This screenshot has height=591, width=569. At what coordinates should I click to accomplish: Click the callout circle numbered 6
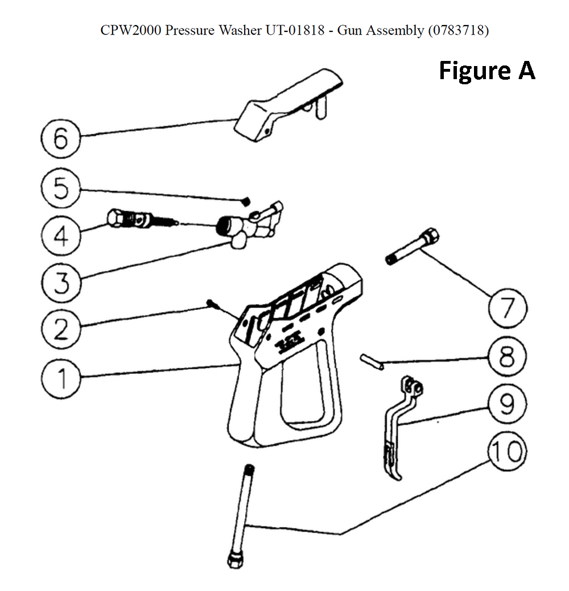pyautogui.click(x=61, y=138)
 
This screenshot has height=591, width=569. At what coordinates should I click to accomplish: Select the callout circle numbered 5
pyautogui.click(x=61, y=187)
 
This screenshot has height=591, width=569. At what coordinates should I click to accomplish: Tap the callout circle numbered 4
pyautogui.click(x=61, y=235)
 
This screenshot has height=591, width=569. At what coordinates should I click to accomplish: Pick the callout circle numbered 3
pyautogui.click(x=61, y=281)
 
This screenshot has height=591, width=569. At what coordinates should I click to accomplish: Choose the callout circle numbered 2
pyautogui.click(x=61, y=329)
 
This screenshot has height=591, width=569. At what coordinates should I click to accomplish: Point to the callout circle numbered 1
pyautogui.click(x=61, y=377)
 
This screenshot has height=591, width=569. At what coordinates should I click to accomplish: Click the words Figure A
pyautogui.click(x=487, y=71)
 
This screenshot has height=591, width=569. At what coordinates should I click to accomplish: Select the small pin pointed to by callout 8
pyautogui.click(x=372, y=362)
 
